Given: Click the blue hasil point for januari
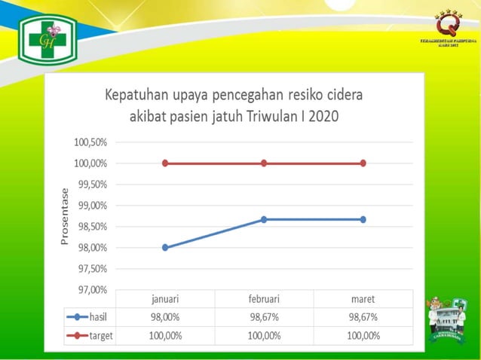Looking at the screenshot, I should pyautogui.click(x=165, y=247).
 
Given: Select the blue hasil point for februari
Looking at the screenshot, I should pyautogui.click(x=264, y=219).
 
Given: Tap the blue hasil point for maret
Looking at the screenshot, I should pyautogui.click(x=363, y=219).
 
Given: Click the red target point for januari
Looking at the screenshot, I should pyautogui.click(x=165, y=163).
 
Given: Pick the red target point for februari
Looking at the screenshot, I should pyautogui.click(x=264, y=163).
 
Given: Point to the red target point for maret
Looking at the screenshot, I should pyautogui.click(x=363, y=163).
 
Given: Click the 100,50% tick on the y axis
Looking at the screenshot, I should pyautogui.click(x=90, y=142).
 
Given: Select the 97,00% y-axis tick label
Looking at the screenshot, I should pyautogui.click(x=90, y=290).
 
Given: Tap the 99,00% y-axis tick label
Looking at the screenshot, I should pyautogui.click(x=90, y=206).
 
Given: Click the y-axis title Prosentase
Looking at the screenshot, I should pyautogui.click(x=65, y=216).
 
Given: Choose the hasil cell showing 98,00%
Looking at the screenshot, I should pyautogui.click(x=165, y=317).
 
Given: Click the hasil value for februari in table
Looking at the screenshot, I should pyautogui.click(x=264, y=317).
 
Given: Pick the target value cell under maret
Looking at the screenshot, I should pyautogui.click(x=363, y=335).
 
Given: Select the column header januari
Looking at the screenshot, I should pyautogui.click(x=165, y=299).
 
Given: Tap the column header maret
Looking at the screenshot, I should pyautogui.click(x=363, y=299).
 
